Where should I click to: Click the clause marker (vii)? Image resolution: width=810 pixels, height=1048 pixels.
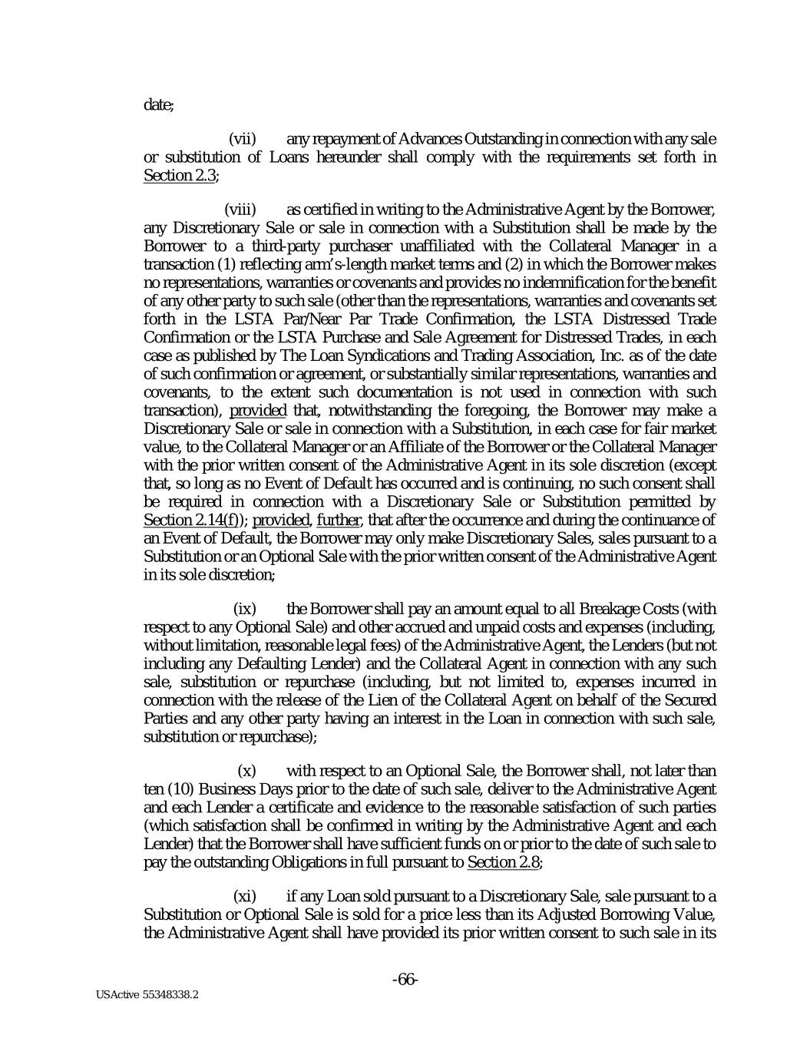point(243,139)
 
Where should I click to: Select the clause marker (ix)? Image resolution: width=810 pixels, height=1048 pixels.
point(245,609)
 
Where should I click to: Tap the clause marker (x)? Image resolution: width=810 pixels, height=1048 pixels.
point(247,770)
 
